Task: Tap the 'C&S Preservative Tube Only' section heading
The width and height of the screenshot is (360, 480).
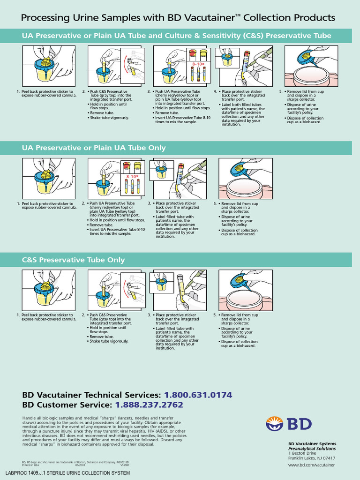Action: (74, 260)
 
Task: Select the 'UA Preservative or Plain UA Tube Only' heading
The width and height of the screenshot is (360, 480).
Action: (94, 148)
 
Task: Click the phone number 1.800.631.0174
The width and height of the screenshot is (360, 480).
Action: (198, 395)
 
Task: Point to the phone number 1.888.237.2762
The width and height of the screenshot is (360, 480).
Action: (149, 405)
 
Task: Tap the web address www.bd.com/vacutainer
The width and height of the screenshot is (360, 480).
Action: (311, 465)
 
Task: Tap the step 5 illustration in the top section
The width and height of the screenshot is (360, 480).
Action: (309, 66)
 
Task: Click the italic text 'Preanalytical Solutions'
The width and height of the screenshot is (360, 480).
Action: (312, 448)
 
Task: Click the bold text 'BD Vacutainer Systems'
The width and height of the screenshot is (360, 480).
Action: (312, 443)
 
